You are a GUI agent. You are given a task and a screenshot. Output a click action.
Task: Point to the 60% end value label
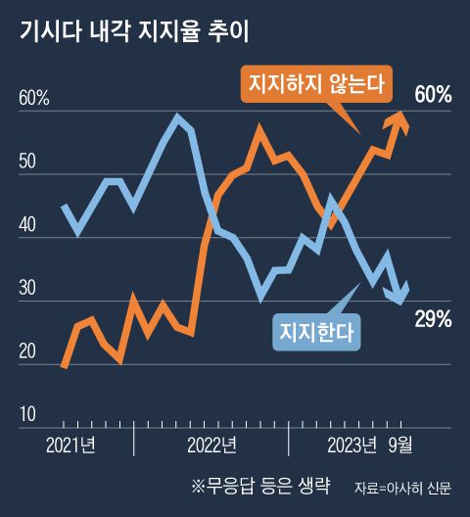point(432,95)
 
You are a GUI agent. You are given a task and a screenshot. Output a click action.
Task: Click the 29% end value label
point(432,319)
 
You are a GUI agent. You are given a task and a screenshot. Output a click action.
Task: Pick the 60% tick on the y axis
point(33,99)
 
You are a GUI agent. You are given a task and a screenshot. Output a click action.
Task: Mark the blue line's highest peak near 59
point(177,117)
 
